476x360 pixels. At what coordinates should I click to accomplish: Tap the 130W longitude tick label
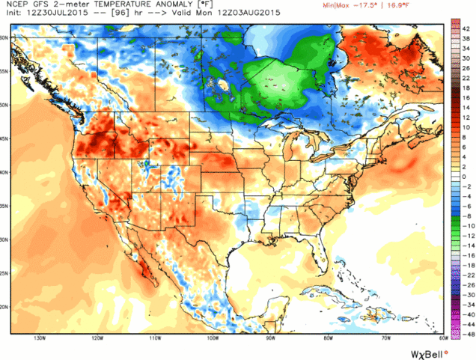point(36,338)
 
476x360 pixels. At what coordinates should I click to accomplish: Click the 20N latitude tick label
point(6,307)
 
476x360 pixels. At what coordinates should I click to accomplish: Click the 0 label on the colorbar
point(466,176)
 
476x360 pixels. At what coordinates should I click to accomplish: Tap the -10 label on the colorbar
point(466,225)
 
